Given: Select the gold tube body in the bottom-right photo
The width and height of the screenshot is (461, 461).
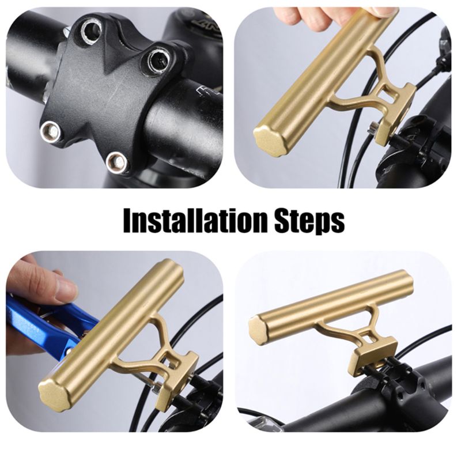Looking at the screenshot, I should coord(334,305).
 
